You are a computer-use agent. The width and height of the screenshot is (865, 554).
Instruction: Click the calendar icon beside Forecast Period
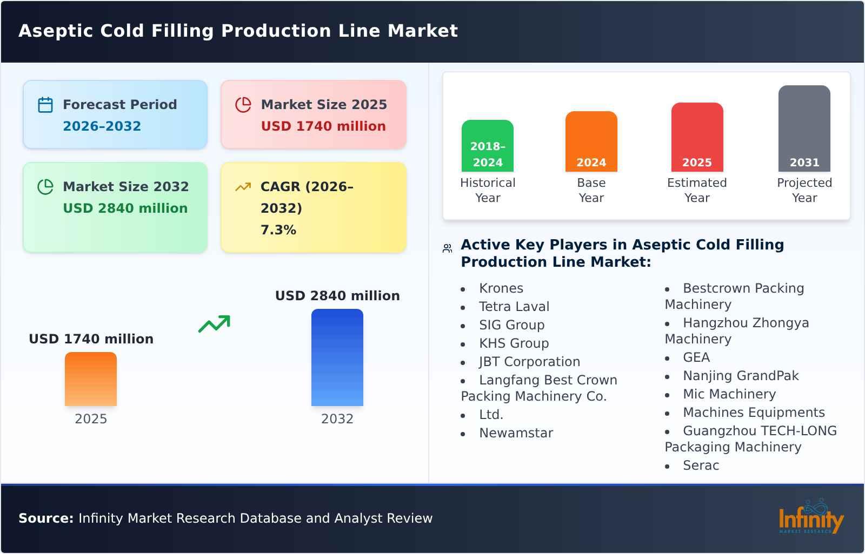pyautogui.click(x=45, y=105)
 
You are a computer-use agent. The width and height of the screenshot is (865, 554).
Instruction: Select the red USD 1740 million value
pyautogui.click(x=323, y=126)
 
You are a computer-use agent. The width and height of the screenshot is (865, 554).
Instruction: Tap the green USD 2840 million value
pyautogui.click(x=125, y=208)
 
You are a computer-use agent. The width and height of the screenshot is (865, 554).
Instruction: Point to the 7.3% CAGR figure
pyautogui.click(x=278, y=230)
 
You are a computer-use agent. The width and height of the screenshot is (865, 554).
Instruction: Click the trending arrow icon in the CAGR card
pyautogui.click(x=243, y=187)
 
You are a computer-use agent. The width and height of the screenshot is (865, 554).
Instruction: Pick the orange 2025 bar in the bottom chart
pyautogui.click(x=91, y=379)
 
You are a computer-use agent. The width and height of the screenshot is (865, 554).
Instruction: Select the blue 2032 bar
pyautogui.click(x=337, y=357)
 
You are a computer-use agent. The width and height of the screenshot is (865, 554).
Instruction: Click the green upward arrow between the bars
pyautogui.click(x=214, y=324)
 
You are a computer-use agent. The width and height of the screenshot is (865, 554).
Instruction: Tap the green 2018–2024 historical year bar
pyautogui.click(x=487, y=146)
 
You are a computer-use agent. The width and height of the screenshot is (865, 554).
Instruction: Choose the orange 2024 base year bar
pyautogui.click(x=591, y=141)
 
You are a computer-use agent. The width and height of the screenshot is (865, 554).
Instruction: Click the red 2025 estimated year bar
pyautogui.click(x=697, y=137)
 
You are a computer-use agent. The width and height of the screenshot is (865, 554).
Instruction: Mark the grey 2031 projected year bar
pyautogui.click(x=804, y=129)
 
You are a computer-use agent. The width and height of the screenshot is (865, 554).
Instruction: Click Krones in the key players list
pyautogui.click(x=501, y=288)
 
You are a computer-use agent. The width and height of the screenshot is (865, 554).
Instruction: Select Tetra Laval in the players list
pyautogui.click(x=514, y=307)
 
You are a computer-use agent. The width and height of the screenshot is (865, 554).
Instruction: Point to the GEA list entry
pyautogui.click(x=696, y=357)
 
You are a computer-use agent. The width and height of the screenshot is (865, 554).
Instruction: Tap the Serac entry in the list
pyautogui.click(x=701, y=465)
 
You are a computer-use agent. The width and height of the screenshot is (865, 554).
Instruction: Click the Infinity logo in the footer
pyautogui.click(x=811, y=518)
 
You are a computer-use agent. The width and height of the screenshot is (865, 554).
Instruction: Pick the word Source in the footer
pyautogui.click(x=46, y=518)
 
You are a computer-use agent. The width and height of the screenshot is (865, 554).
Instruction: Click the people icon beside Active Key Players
pyautogui.click(x=447, y=248)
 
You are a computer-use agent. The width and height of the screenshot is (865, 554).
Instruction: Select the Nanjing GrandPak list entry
pyautogui.click(x=741, y=376)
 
